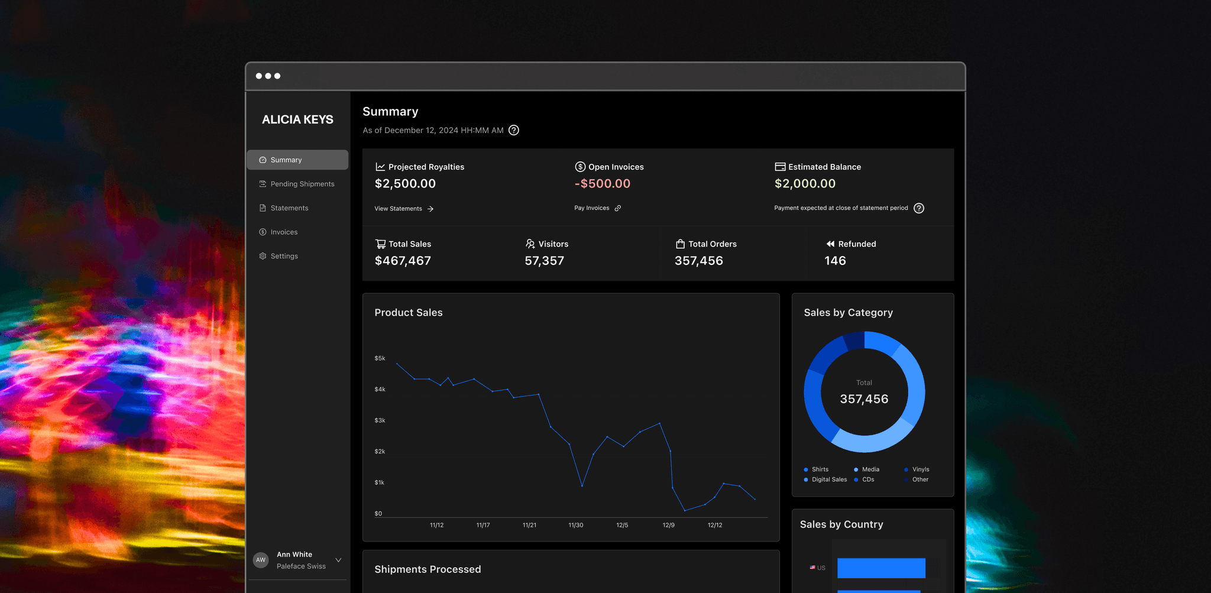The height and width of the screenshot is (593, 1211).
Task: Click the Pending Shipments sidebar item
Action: (x=297, y=184)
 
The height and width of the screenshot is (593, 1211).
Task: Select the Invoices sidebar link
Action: (x=279, y=232)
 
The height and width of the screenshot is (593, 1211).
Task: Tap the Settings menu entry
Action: (x=279, y=256)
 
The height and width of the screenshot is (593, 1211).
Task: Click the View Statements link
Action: (x=404, y=209)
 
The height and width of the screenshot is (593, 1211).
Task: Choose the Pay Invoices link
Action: (x=597, y=208)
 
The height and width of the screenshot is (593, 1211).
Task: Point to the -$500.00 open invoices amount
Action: (x=603, y=184)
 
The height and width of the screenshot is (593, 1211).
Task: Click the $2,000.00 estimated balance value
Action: (x=805, y=184)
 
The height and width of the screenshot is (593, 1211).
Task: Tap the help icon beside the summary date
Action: (x=514, y=130)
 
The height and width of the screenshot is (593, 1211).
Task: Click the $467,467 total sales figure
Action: (x=403, y=261)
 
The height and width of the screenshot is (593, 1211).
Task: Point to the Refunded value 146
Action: (x=835, y=261)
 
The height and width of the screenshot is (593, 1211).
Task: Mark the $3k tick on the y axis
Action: (x=380, y=420)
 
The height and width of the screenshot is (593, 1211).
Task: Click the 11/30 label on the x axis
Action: (x=576, y=525)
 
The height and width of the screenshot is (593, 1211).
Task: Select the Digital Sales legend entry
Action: (x=825, y=479)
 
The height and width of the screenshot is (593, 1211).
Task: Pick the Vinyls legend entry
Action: (x=917, y=469)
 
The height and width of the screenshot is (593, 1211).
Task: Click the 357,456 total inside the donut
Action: (x=864, y=399)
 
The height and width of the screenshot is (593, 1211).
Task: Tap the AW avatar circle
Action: (x=261, y=560)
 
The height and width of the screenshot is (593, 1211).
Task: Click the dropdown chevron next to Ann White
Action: (x=338, y=560)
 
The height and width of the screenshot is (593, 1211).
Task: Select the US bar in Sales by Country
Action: (x=881, y=568)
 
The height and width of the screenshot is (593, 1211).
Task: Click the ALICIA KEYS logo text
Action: (x=297, y=119)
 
